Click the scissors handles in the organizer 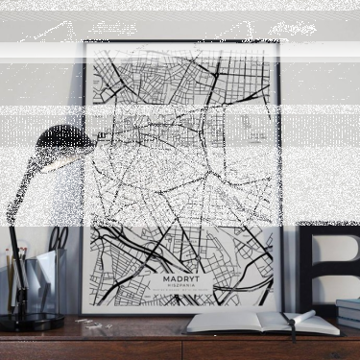(x=59, y=236)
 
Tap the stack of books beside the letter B (x=349, y=313)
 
